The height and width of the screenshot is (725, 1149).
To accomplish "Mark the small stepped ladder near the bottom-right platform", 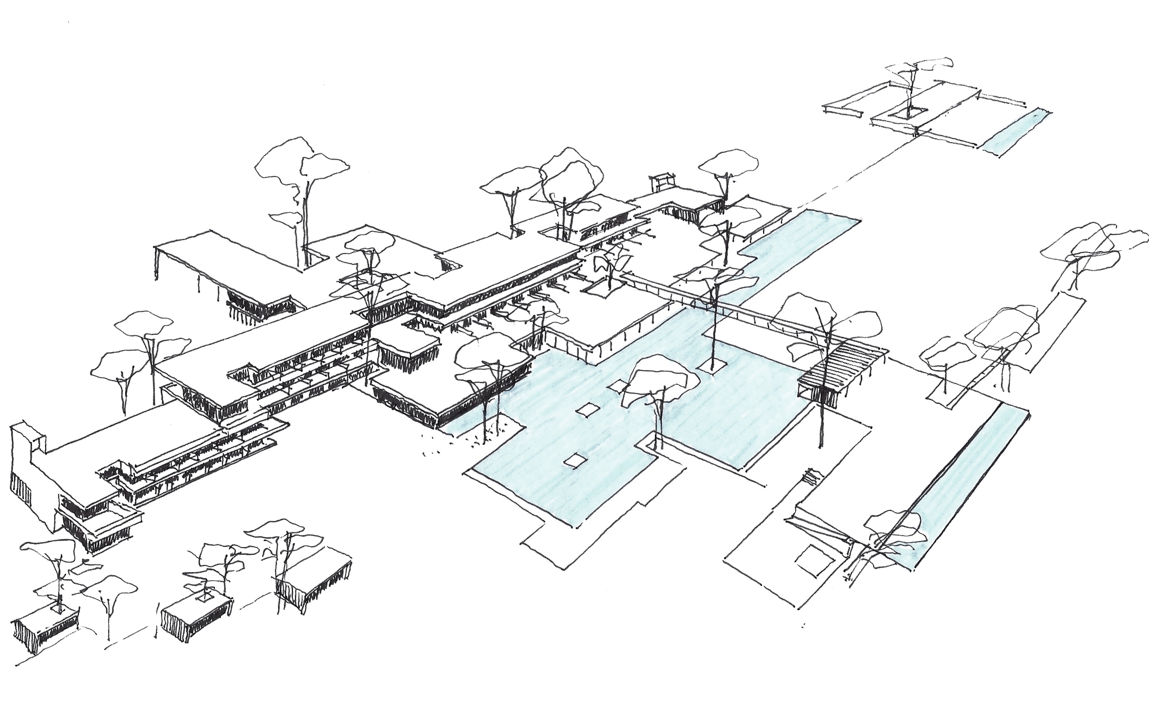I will [809, 477].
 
